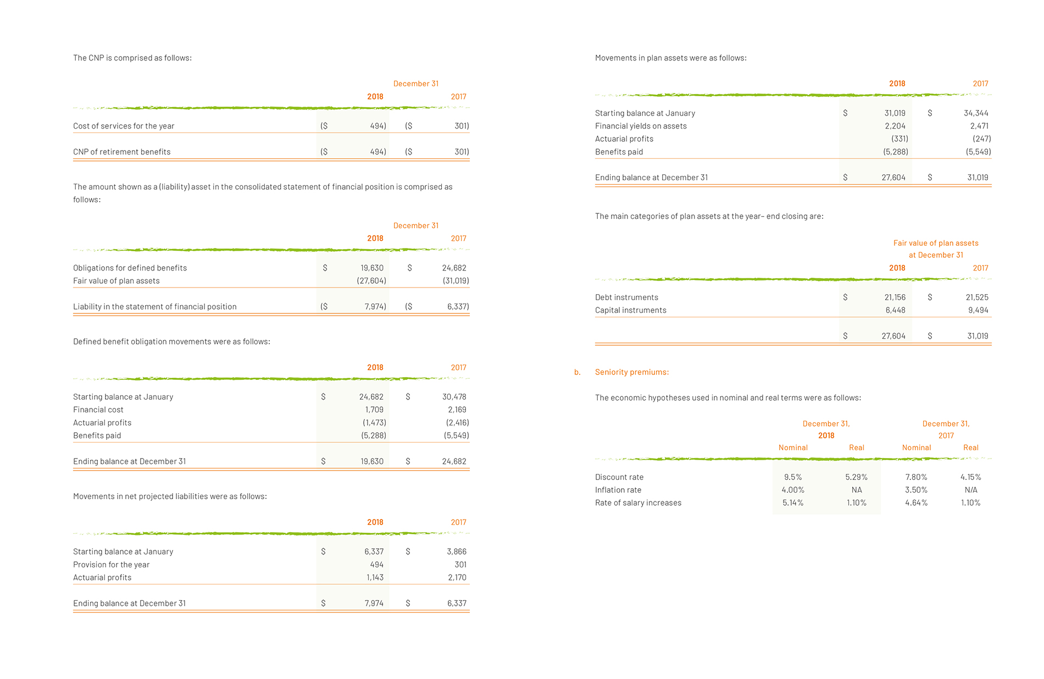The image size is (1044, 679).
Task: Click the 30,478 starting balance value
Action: click(x=454, y=397)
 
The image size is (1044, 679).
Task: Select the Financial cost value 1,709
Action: click(x=374, y=410)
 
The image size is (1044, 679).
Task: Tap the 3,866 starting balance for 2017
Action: click(x=457, y=551)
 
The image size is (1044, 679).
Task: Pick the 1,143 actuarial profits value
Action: click(x=375, y=577)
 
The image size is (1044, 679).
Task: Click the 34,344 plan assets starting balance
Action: click(x=976, y=113)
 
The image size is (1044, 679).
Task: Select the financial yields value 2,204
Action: click(x=895, y=126)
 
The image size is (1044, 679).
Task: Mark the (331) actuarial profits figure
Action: click(x=899, y=139)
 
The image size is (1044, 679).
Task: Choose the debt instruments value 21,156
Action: click(x=895, y=297)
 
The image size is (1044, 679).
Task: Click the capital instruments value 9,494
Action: click(x=978, y=310)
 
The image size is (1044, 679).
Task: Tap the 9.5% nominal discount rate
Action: click(x=793, y=477)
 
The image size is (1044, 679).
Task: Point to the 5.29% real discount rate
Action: click(x=857, y=477)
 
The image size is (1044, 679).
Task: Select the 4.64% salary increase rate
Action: click(x=917, y=503)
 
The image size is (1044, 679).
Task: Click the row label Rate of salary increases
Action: click(x=638, y=503)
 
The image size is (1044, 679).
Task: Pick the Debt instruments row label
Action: click(x=626, y=297)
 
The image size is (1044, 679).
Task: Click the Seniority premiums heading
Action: click(x=632, y=372)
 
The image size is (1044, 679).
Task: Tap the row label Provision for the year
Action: click(x=111, y=565)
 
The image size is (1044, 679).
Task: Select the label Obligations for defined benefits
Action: click(x=130, y=268)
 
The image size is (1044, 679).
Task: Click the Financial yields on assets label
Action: click(x=641, y=126)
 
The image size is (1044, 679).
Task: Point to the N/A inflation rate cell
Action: click(x=971, y=490)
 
